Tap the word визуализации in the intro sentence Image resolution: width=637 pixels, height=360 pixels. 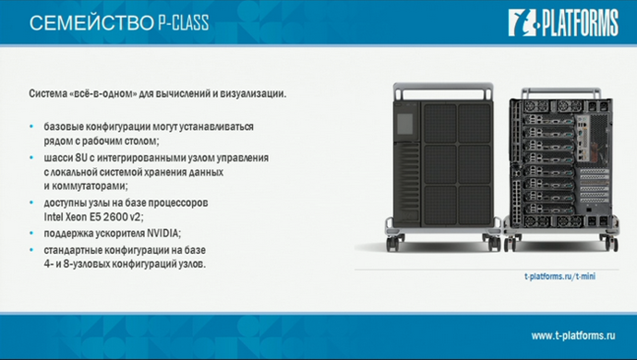(x=252, y=94)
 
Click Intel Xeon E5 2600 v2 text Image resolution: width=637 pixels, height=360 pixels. (x=92, y=216)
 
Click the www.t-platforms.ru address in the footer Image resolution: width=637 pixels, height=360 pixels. (x=572, y=334)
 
